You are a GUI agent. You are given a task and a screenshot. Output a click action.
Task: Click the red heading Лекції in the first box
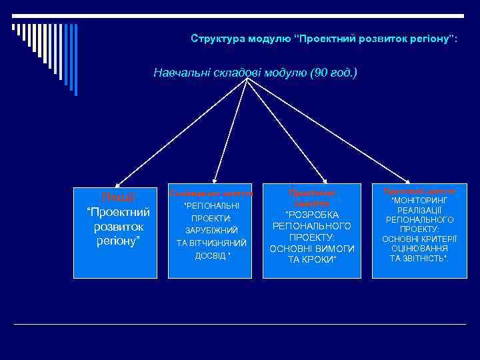[x=118, y=197]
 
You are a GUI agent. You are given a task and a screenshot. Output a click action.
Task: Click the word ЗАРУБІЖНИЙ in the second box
[x=211, y=230]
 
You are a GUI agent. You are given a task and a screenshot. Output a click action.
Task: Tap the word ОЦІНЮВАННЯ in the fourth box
[x=419, y=247]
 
